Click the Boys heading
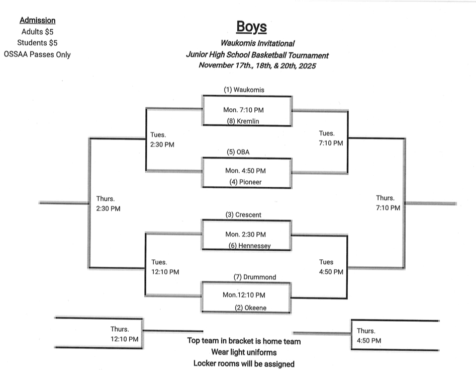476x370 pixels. pos(252,27)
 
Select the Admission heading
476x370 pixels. pos(37,21)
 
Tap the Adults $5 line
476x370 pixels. pos(37,32)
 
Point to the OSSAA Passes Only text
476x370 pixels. pos(37,54)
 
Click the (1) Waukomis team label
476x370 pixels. pos(244,90)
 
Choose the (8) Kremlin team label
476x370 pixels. pos(243,121)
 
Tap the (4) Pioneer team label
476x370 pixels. pos(245,182)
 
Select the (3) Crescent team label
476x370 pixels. pos(243,215)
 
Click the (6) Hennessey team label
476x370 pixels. pos(249,246)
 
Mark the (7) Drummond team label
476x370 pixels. pos(254,277)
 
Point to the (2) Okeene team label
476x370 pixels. pos(250,308)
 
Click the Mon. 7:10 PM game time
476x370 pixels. pos(243,109)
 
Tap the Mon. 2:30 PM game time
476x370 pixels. pos(245,234)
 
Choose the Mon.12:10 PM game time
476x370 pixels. pos(244,295)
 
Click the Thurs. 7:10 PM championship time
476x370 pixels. pos(388,203)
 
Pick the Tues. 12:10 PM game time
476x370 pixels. pos(165,267)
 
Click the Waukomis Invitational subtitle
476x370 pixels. pos(257,44)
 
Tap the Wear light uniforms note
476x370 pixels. pos(244,352)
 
